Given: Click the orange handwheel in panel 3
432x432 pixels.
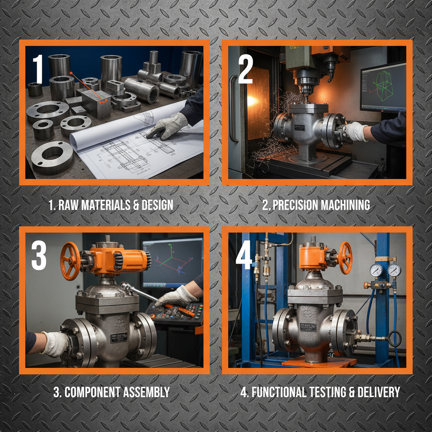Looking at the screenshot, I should (x=70, y=261).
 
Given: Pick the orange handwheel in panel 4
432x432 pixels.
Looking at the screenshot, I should (x=345, y=257).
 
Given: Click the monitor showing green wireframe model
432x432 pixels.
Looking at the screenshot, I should (x=383, y=87).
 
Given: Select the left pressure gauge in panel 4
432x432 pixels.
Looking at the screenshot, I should (x=376, y=270).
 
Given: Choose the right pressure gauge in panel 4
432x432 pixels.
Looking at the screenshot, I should (x=394, y=270).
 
